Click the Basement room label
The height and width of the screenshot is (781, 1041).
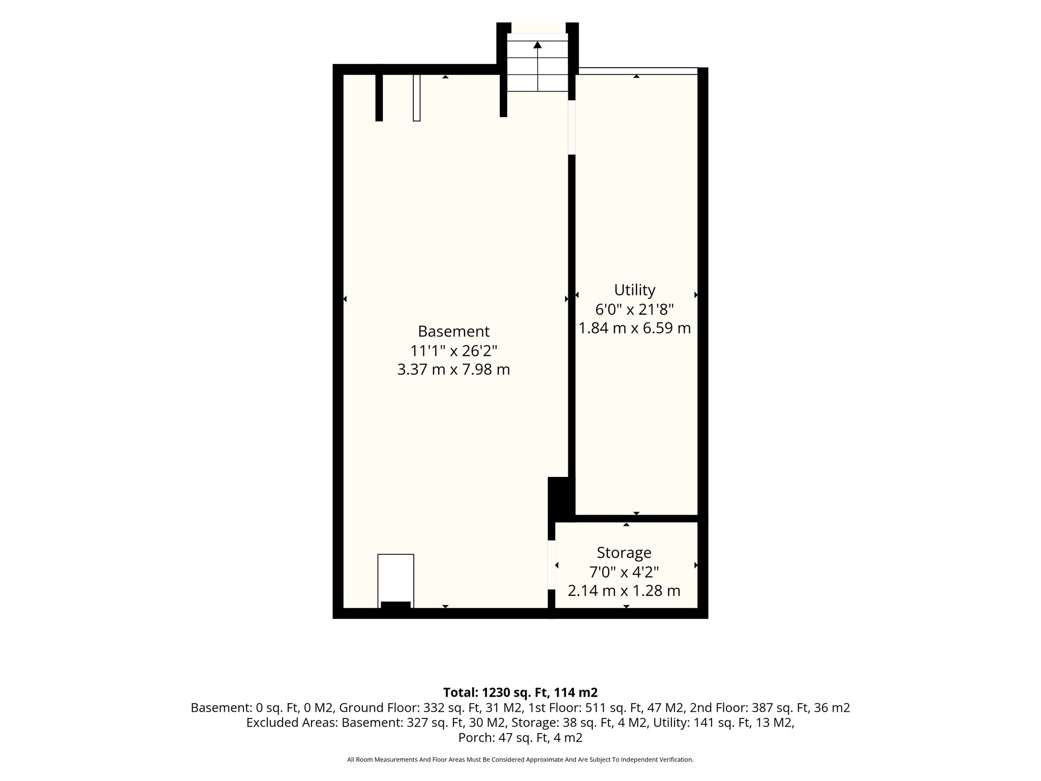click(x=453, y=332)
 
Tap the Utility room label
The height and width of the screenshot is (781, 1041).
click(x=634, y=290)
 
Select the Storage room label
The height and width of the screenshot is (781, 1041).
click(x=624, y=553)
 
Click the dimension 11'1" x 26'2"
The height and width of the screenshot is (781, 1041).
click(x=453, y=351)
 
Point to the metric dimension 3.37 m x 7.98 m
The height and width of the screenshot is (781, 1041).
click(x=453, y=370)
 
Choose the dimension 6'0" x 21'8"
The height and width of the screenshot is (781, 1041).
click(x=634, y=309)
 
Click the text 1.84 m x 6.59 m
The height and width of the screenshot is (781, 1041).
click(x=634, y=328)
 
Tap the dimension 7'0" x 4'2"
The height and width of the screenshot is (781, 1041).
click(x=624, y=572)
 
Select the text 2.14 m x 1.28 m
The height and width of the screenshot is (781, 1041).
click(x=624, y=591)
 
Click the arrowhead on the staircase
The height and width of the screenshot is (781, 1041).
click(x=537, y=45)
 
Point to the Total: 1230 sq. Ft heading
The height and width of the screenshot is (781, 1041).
click(x=520, y=693)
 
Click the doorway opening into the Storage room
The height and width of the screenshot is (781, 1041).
click(x=551, y=565)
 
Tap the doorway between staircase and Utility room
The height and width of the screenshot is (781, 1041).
click(x=571, y=127)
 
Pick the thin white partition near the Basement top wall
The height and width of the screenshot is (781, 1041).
click(x=416, y=98)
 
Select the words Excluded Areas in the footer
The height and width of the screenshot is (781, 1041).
click(x=292, y=723)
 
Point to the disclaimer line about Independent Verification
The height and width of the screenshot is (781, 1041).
click(x=520, y=760)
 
